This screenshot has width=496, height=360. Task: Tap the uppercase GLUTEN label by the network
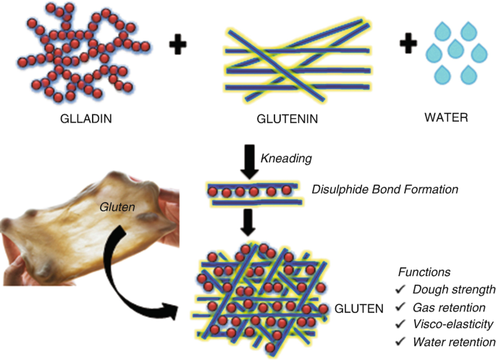359,309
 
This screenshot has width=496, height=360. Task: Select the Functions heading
424,272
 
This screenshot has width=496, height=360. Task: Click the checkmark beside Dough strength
400,290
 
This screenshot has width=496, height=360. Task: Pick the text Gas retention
450,307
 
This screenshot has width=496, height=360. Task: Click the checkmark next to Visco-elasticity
400,325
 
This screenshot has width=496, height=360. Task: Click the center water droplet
455,49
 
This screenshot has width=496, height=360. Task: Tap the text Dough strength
454,290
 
